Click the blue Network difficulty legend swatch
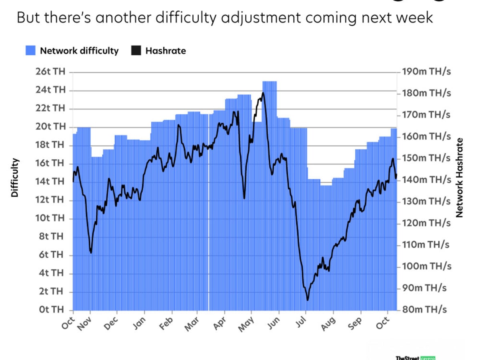[31, 51]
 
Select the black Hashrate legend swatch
[136, 51]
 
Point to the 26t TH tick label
[50, 72]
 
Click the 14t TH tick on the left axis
[50, 182]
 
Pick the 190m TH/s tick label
[426, 72]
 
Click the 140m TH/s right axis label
[426, 180]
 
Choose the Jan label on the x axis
[139, 323]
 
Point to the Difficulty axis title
[15, 178]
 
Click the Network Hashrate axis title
[459, 178]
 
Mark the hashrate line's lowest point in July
[307, 300]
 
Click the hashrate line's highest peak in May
[263, 93]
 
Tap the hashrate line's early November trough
[91, 252]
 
